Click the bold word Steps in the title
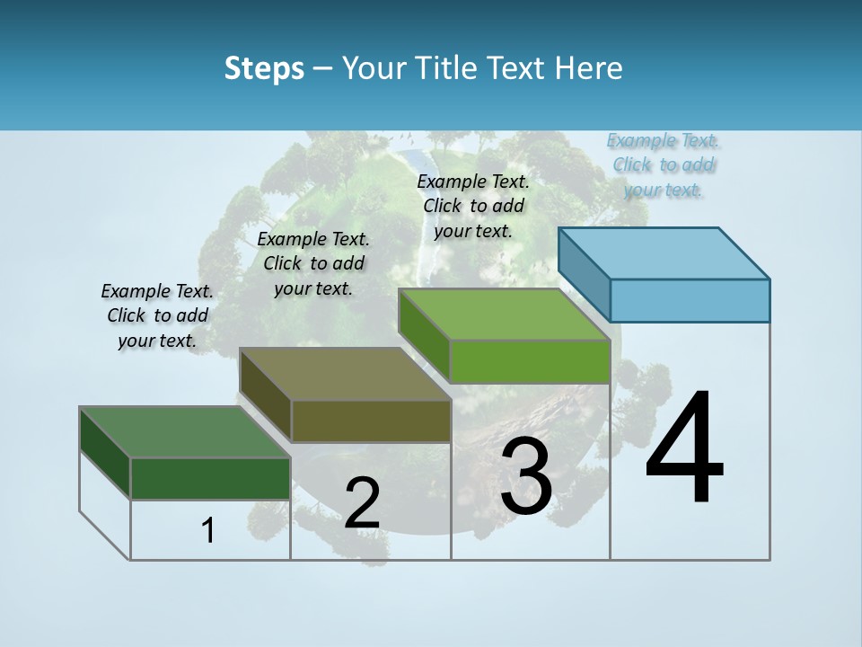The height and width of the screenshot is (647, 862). click(x=264, y=68)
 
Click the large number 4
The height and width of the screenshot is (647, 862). click(x=684, y=449)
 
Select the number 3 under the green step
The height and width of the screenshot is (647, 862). click(x=526, y=477)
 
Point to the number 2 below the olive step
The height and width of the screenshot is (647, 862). click(x=362, y=504)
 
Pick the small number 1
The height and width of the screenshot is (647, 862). click(x=207, y=531)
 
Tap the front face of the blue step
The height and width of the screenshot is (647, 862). click(x=690, y=300)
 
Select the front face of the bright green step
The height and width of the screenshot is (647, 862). click(x=530, y=361)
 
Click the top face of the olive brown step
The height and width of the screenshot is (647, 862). click(x=345, y=373)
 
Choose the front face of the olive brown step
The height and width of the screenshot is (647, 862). click(x=371, y=421)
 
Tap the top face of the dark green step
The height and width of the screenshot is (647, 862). click(x=185, y=431)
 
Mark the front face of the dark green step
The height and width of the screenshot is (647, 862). click(x=210, y=478)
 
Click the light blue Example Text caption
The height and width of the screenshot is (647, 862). click(x=664, y=164)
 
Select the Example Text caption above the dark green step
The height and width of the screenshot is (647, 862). click(x=157, y=315)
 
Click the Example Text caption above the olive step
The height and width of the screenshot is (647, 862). click(x=313, y=263)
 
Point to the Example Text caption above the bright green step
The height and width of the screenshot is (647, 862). click(x=473, y=206)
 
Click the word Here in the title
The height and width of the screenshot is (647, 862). click(x=590, y=68)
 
